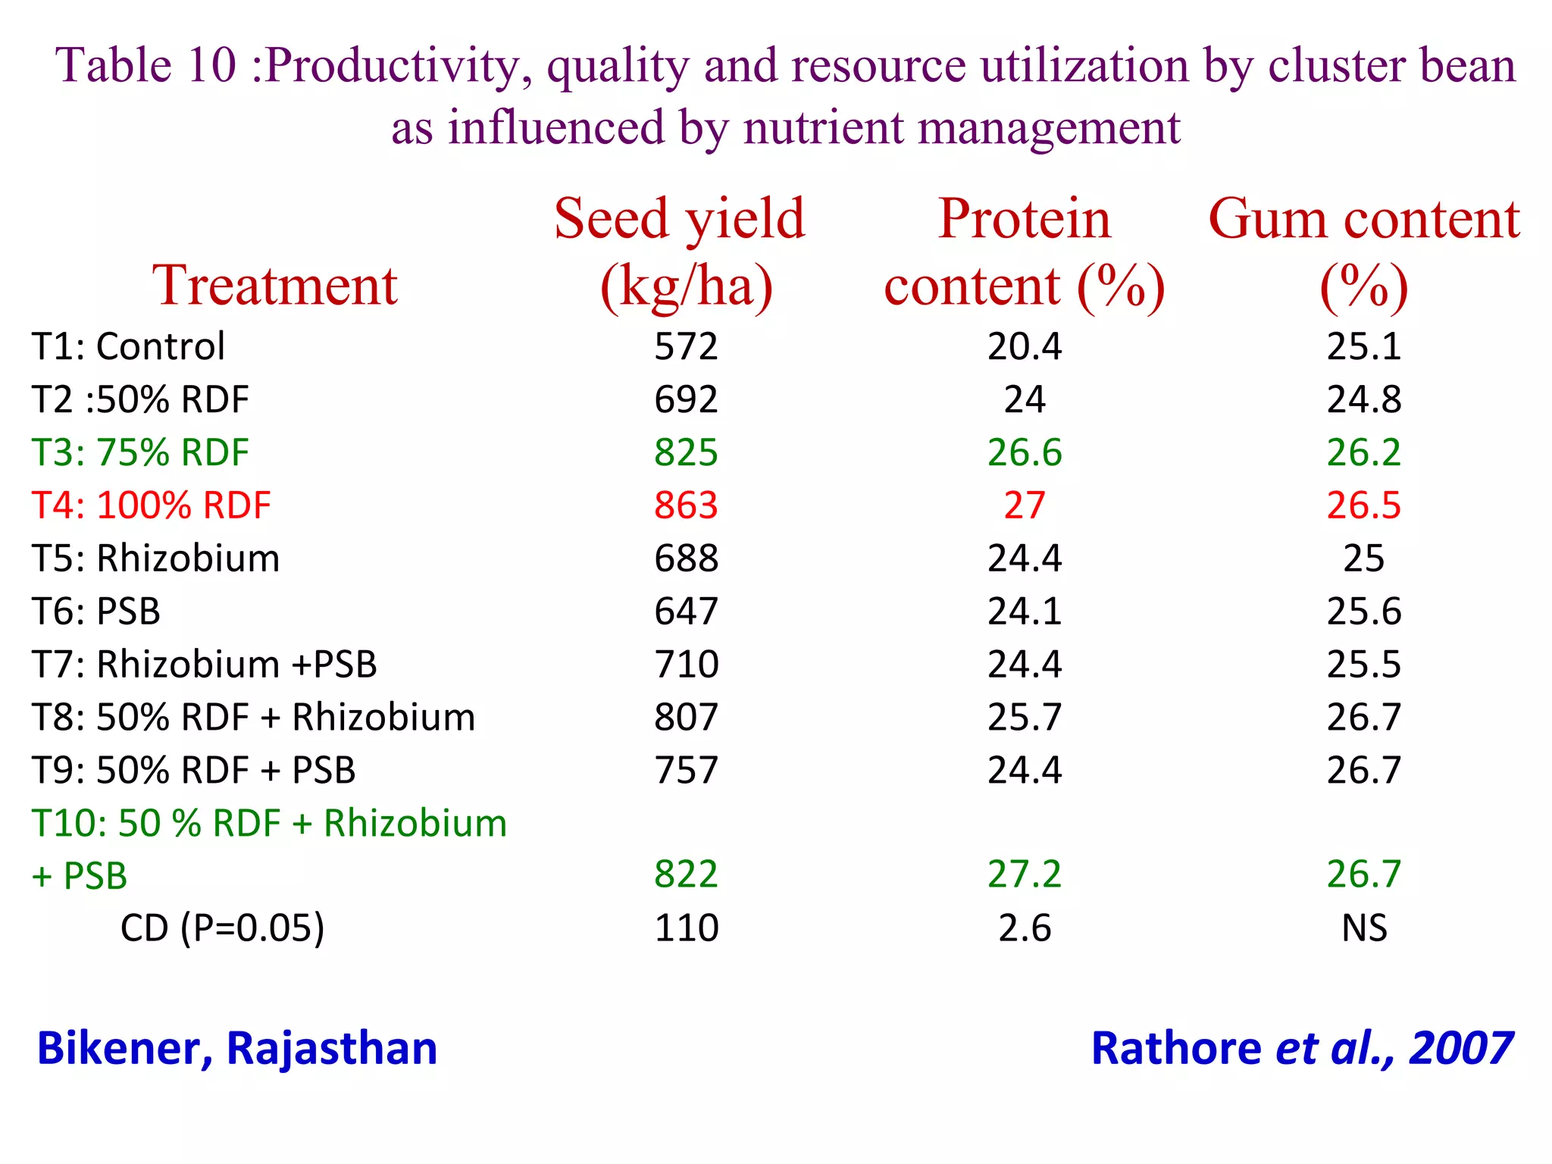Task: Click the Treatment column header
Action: coord(275,286)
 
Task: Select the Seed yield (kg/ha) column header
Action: coord(681,252)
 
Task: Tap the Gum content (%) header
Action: coord(1363,252)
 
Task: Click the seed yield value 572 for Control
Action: coord(686,347)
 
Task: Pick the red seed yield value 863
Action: coord(686,505)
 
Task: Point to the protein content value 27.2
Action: coord(1025,875)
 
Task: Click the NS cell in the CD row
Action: coord(1364,928)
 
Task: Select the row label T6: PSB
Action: coord(96,612)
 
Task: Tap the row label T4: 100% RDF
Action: coord(151,505)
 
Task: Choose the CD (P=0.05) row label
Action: coord(222,928)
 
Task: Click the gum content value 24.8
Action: coord(1364,400)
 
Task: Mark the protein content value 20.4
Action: coord(1025,347)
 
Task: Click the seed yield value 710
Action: coord(686,665)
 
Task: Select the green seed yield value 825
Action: coord(686,453)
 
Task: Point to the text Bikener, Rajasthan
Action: coord(237,1049)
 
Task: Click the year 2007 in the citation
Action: coord(1460,1049)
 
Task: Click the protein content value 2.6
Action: coord(1025,928)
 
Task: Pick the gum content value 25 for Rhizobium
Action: coord(1364,559)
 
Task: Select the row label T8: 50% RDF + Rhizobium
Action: coord(253,718)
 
